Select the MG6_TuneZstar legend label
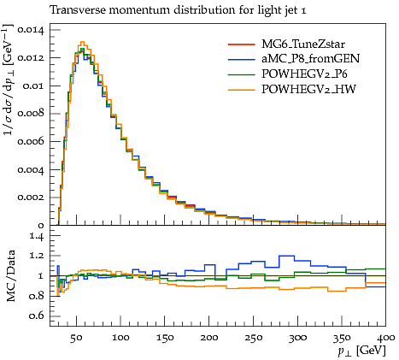point(303,44)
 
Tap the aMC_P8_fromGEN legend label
point(311,59)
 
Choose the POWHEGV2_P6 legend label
point(304,74)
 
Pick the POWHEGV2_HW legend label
point(308,90)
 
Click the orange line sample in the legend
point(242,90)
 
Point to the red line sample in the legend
point(242,44)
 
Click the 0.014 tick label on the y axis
point(31,30)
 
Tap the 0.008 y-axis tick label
point(31,114)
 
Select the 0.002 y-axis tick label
point(31,198)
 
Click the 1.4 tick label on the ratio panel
point(37,236)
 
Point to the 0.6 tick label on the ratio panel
point(37,316)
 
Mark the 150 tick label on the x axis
point(165,338)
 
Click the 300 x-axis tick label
point(297,338)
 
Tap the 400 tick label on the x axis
point(386,338)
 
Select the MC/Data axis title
point(10,276)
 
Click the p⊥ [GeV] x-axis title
point(361,351)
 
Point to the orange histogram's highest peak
point(82,42)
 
